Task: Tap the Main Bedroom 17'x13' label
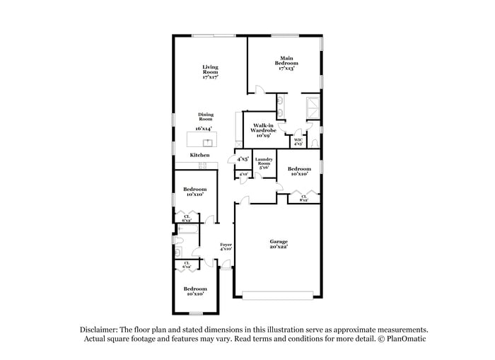point(286,64)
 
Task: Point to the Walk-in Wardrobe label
point(263,129)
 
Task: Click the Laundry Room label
point(264,163)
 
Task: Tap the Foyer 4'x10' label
point(226,247)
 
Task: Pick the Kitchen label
point(199,155)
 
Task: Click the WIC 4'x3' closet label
point(298,142)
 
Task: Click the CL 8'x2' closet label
point(303,198)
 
